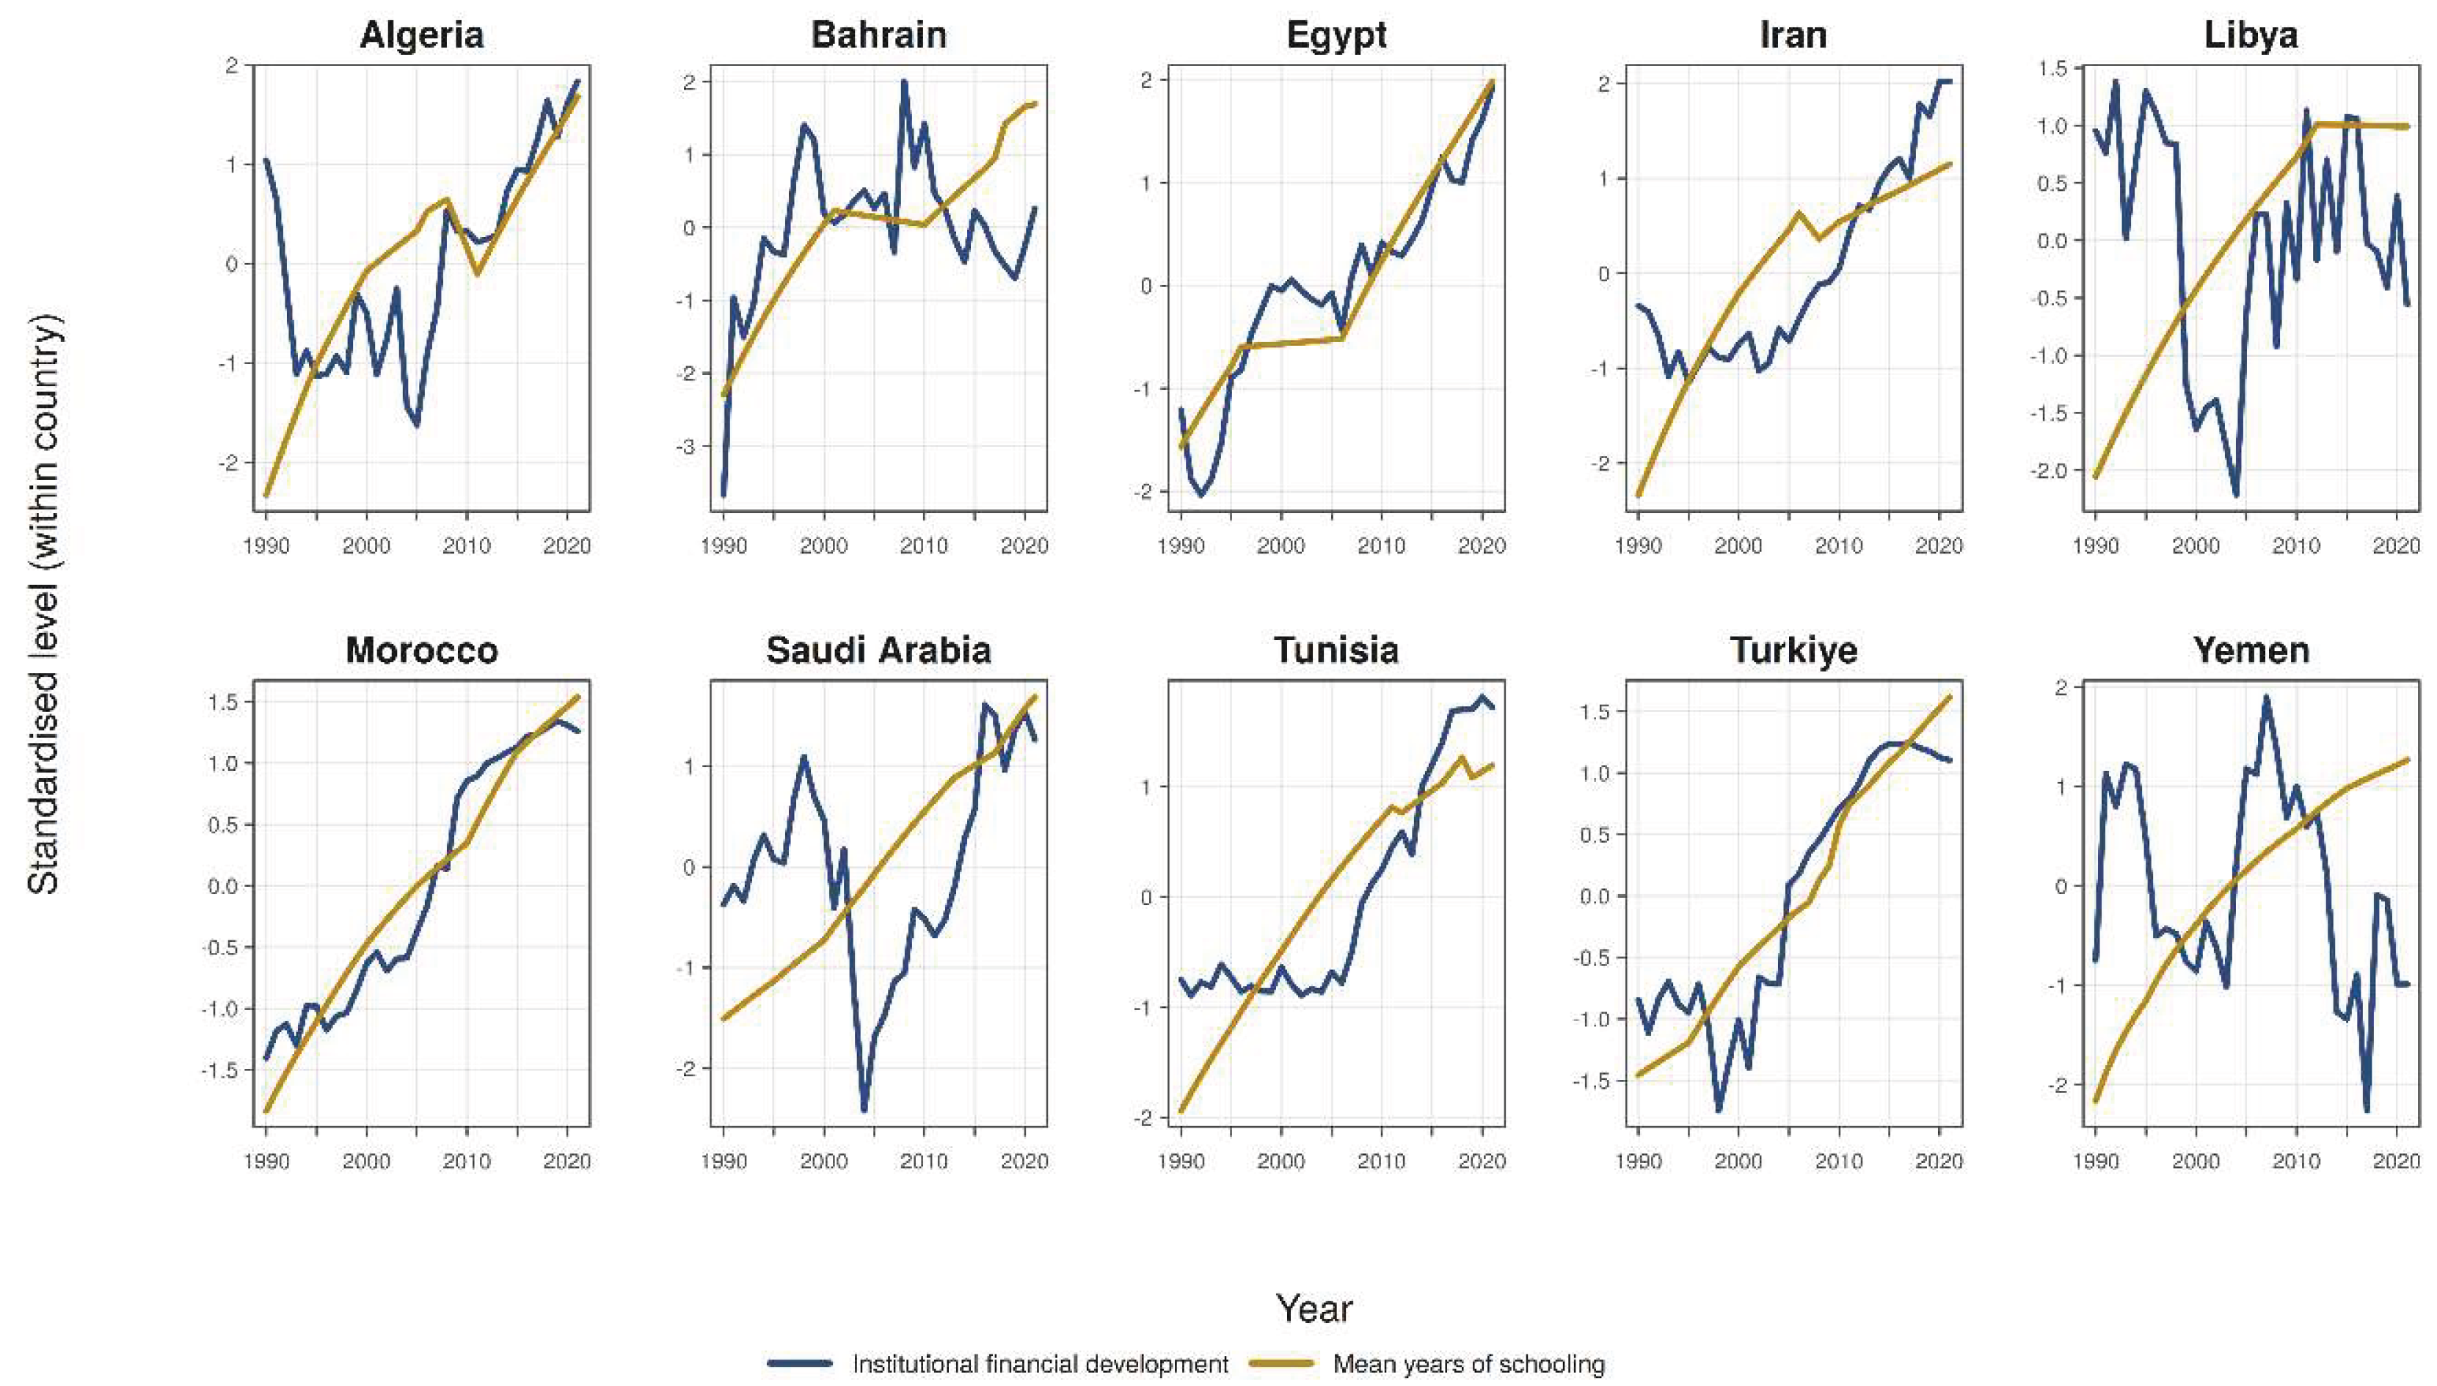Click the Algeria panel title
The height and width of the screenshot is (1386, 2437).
421,35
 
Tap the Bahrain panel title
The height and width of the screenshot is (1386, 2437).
878,35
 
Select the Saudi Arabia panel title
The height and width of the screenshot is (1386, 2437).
878,650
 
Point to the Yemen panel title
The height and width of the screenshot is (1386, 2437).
2251,650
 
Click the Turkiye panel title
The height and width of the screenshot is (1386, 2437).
1793,650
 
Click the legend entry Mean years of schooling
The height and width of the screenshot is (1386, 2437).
1468,1364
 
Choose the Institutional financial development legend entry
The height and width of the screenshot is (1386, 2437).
1040,1364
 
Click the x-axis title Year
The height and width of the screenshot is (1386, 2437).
1314,1308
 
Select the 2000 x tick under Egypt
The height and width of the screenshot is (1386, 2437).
1281,546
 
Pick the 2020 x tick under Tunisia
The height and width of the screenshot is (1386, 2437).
1482,1161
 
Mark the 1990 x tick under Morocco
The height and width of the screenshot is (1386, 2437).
266,1161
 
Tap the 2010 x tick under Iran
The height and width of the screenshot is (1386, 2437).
1838,546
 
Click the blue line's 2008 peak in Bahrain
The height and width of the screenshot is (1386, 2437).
903,82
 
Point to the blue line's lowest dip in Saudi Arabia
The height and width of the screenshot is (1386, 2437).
864,1110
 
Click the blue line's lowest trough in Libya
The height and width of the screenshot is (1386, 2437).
2235,495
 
